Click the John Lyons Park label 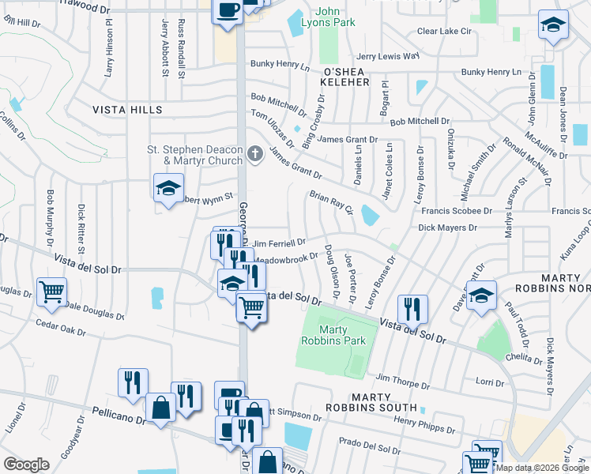(x=336, y=17)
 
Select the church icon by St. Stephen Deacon (x=254, y=154)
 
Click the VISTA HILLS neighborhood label (x=127, y=110)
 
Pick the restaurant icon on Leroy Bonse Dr (x=412, y=309)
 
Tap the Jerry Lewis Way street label (x=387, y=56)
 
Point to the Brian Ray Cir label (x=330, y=202)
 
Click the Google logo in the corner (x=26, y=465)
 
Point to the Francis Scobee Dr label (x=457, y=211)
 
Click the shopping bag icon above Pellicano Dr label (x=160, y=408)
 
